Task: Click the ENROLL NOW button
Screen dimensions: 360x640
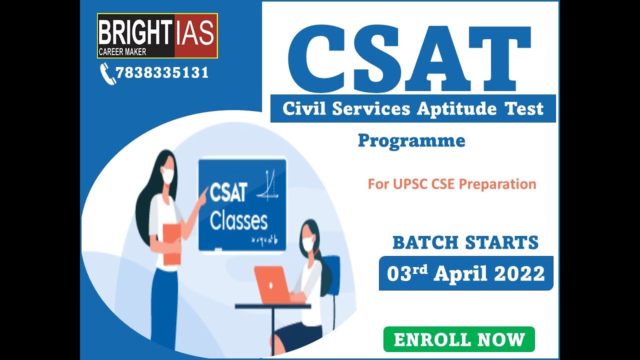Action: point(459,339)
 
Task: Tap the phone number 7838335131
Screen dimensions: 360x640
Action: point(162,73)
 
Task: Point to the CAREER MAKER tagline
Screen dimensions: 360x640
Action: point(122,52)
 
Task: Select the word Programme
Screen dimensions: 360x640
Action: point(411,141)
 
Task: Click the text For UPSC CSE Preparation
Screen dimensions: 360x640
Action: point(452,184)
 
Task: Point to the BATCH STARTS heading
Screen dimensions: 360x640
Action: point(465,243)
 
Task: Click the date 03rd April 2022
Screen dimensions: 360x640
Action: point(465,273)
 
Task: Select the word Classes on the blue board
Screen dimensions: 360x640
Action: point(238,221)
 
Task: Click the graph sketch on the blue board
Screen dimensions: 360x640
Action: point(268,186)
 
